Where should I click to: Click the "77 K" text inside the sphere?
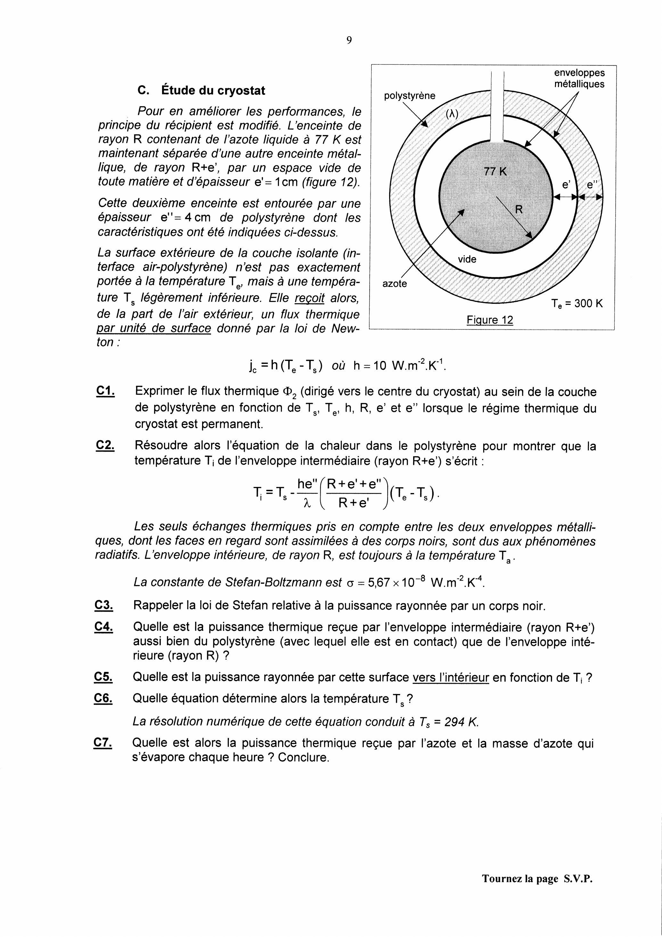495,172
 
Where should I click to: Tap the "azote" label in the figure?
395,284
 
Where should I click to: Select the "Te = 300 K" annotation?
576,304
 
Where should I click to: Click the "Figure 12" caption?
490,320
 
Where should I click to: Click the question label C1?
105,391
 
